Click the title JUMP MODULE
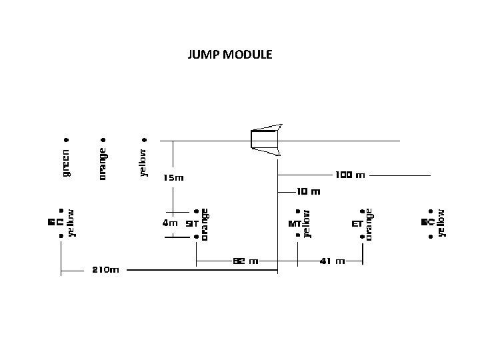coord(230,55)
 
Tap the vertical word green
coord(66,163)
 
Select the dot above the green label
coord(66,140)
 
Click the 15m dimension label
coord(173,178)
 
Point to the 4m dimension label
coord(170,224)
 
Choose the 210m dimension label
coord(105,270)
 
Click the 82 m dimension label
coord(245,261)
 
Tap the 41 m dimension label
coord(332,261)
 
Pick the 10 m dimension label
coord(308,191)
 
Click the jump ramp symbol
coord(266,139)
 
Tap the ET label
coord(357,225)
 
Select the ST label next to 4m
coord(190,225)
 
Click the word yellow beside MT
coord(306,223)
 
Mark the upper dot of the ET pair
coord(361,212)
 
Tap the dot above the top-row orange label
coord(103,140)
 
